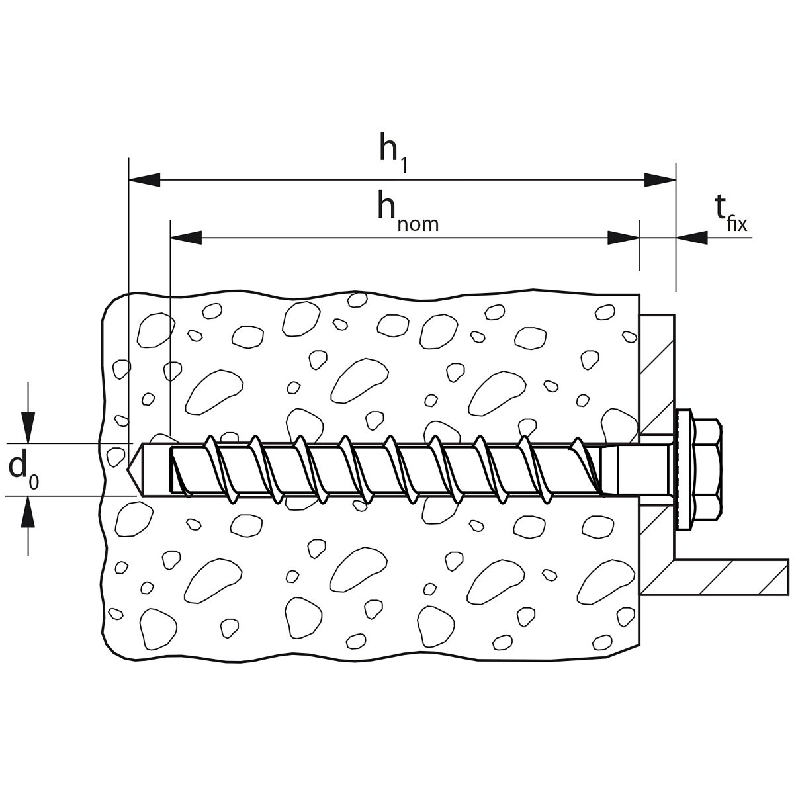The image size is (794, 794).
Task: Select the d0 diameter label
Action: pyautogui.click(x=23, y=470)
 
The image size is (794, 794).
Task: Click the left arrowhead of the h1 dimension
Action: pyautogui.click(x=144, y=180)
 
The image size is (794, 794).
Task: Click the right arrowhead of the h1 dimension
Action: pyautogui.click(x=660, y=180)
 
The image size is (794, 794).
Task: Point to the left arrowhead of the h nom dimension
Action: pyautogui.click(x=186, y=238)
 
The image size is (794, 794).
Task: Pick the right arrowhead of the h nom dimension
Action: pyautogui.click(x=623, y=238)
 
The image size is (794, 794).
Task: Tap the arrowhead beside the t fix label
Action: pyautogui.click(x=692, y=238)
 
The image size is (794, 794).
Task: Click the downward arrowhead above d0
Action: pyautogui.click(x=28, y=427)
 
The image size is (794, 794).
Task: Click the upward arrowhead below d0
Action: pyautogui.click(x=28, y=512)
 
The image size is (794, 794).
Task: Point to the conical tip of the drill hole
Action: pyautogui.click(x=134, y=470)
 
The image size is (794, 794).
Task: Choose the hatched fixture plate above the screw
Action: pyautogui.click(x=657, y=375)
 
